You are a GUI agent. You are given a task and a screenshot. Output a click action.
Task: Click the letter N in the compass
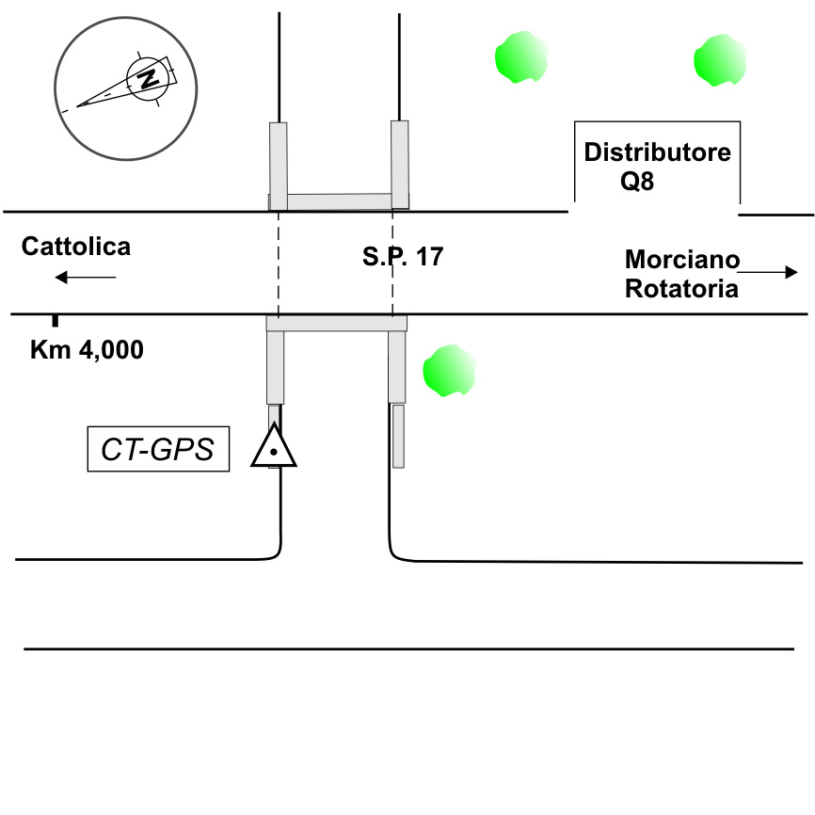(x=147, y=78)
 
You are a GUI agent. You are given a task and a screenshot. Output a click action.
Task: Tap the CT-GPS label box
(x=158, y=450)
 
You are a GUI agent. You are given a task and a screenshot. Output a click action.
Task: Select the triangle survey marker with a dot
(x=274, y=448)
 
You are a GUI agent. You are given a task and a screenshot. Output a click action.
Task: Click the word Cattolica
(x=76, y=247)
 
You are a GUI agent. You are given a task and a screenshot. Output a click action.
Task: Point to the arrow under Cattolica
(x=85, y=277)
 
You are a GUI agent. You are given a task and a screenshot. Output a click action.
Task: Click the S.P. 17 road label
(x=402, y=256)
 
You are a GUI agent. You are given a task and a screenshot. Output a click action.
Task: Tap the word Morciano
(x=682, y=259)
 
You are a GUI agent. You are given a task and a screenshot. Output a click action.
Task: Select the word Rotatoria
(x=681, y=288)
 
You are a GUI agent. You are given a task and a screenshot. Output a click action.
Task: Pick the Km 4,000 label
(x=88, y=350)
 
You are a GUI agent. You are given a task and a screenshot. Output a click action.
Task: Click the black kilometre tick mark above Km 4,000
(x=55, y=321)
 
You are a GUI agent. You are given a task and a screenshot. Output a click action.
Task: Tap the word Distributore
(x=657, y=152)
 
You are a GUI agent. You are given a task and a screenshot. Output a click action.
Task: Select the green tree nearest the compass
(x=520, y=58)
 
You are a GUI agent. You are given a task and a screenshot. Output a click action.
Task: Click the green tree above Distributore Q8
(x=719, y=60)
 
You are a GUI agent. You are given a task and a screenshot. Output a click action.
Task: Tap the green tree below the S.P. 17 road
(x=450, y=370)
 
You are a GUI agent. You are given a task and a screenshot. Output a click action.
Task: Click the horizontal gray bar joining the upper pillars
(x=339, y=201)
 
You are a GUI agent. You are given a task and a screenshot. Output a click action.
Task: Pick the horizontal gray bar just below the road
(x=336, y=324)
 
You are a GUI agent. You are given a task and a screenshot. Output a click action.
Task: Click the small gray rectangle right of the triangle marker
(x=398, y=436)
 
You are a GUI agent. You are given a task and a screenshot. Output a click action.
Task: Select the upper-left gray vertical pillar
(x=279, y=166)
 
